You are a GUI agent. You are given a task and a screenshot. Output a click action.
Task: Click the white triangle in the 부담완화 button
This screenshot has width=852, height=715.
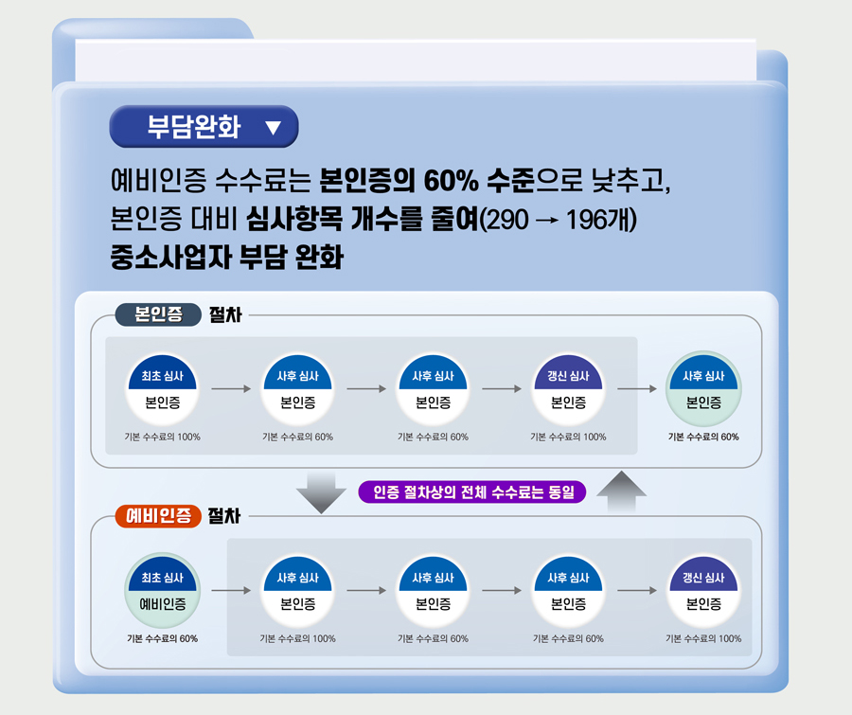click(273, 127)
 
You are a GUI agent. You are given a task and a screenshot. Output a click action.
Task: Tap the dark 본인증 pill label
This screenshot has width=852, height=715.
click(158, 314)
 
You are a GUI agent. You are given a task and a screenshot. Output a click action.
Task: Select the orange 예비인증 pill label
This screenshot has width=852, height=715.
click(158, 516)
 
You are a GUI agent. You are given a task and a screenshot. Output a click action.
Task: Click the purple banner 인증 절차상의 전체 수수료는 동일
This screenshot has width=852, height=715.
click(472, 492)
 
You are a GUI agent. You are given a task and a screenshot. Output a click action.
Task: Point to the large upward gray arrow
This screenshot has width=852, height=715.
click(622, 491)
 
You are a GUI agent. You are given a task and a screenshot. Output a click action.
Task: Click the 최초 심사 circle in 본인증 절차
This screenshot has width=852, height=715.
click(163, 389)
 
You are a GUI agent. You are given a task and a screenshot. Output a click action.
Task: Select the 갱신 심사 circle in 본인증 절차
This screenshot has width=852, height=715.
click(568, 389)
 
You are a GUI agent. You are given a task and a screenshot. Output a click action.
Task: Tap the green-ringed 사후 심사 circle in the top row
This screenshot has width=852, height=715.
click(703, 389)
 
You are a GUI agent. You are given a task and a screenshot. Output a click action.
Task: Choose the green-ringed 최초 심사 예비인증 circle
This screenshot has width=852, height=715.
click(163, 591)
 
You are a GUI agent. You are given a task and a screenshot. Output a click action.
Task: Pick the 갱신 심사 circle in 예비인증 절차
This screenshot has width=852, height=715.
click(703, 591)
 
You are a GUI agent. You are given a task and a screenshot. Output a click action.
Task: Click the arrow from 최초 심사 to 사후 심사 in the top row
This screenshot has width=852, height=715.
click(231, 389)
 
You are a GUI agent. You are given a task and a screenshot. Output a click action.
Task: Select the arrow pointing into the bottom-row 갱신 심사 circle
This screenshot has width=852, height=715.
click(637, 591)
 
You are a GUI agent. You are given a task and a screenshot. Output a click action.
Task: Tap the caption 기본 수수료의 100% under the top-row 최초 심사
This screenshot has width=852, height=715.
click(163, 437)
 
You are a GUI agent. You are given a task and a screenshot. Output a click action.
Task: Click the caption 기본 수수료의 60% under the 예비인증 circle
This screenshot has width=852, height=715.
click(163, 638)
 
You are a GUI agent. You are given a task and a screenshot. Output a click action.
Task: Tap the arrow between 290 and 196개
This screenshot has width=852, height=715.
click(546, 221)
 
